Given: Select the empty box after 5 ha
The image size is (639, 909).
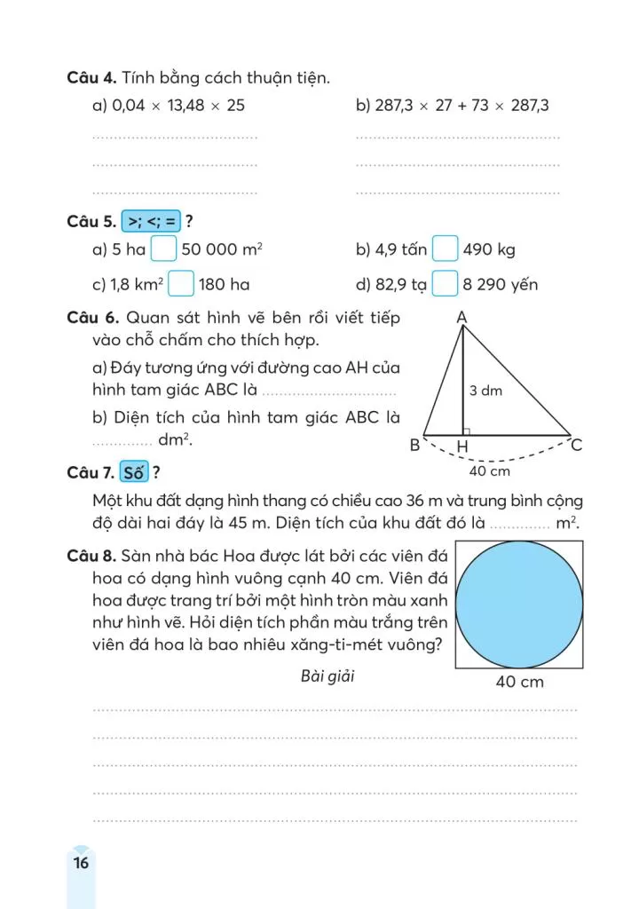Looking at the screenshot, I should [163, 249].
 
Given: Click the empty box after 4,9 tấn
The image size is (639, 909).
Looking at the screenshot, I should [445, 249].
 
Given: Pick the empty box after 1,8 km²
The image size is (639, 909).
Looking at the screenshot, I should [181, 284].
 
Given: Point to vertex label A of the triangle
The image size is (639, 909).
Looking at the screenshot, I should [462, 317].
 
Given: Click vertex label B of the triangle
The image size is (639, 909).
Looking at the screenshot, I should [414, 446].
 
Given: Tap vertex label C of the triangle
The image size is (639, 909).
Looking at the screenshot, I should [576, 446].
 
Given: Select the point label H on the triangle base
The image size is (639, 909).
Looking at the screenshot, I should [463, 447].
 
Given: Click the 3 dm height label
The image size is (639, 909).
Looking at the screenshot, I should [485, 390].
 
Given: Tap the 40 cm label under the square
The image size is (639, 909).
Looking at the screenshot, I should [519, 682].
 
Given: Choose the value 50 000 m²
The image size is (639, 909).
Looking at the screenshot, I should [222, 249].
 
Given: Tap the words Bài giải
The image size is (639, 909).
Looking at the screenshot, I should [327, 677].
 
